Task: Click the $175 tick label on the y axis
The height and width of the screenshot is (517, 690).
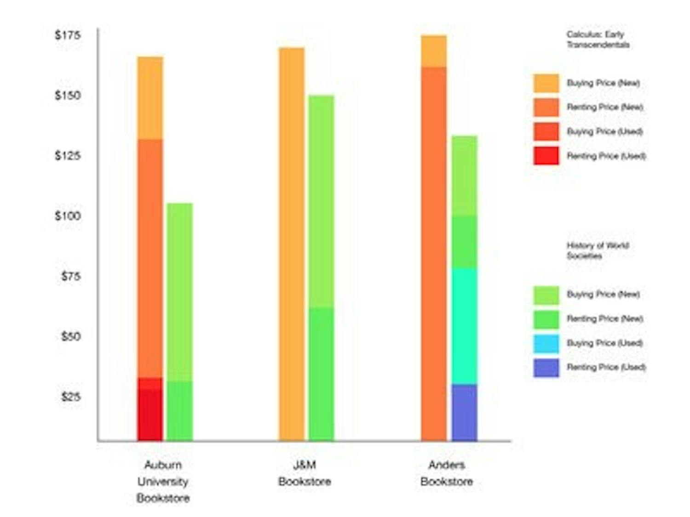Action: click(x=68, y=35)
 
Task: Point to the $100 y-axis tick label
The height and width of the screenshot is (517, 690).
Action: click(x=68, y=216)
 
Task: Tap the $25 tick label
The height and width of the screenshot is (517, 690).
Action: click(x=70, y=396)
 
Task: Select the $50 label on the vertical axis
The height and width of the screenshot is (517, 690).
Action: click(x=70, y=336)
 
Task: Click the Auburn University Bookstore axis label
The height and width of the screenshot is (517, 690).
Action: click(x=163, y=481)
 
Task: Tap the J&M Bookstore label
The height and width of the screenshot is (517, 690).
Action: click(x=305, y=473)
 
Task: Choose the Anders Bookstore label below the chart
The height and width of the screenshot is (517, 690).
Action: click(x=446, y=473)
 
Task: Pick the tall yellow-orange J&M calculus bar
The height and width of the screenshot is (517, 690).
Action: click(x=292, y=244)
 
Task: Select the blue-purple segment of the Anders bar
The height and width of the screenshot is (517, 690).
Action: click(x=464, y=412)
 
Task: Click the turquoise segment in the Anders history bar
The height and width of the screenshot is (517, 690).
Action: click(x=464, y=326)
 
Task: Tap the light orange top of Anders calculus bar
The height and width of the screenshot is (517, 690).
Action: click(x=433, y=51)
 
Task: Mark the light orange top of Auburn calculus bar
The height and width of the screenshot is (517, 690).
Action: click(x=150, y=97)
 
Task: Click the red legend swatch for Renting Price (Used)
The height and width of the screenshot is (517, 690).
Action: click(x=546, y=156)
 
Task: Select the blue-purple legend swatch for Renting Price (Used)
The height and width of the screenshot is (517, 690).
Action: click(x=546, y=368)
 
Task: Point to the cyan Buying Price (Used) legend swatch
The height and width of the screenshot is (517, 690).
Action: click(x=546, y=343)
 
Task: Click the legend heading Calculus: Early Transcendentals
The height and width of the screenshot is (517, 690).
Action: click(x=598, y=40)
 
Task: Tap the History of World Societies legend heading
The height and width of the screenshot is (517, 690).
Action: click(x=597, y=250)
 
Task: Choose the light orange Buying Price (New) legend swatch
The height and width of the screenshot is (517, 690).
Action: click(x=546, y=83)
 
